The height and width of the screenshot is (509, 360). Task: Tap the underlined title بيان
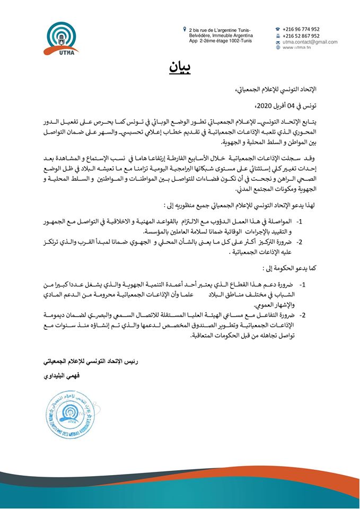180,67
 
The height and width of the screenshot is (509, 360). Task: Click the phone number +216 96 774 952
301,29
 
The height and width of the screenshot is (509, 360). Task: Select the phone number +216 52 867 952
301,36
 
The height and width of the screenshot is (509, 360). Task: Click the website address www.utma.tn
296,48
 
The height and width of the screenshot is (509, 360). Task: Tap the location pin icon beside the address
184,29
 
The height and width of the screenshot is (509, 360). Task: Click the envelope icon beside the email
278,42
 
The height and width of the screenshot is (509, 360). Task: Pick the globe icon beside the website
278,48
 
